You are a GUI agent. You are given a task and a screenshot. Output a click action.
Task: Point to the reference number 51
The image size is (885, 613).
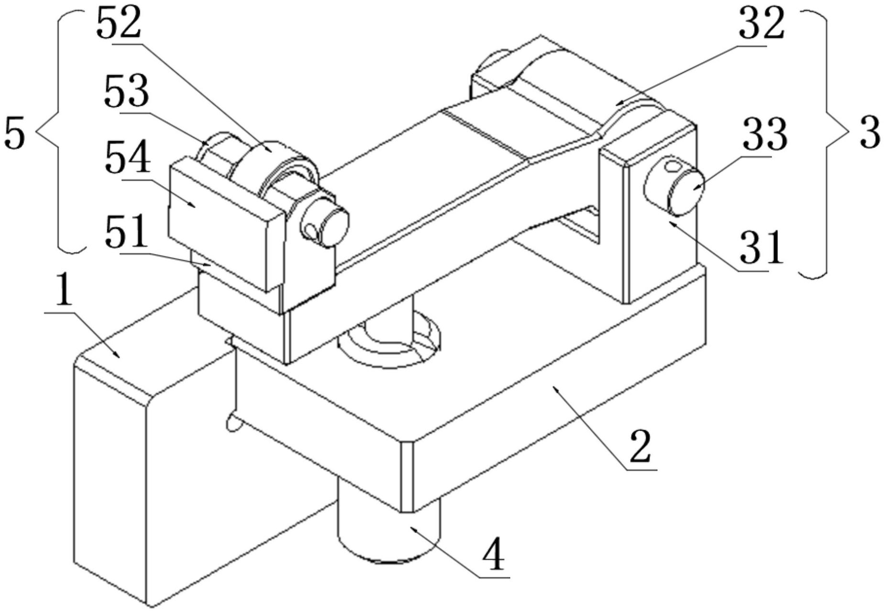click(x=126, y=232)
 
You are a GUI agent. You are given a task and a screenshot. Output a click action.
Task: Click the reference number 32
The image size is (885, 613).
click(x=762, y=24)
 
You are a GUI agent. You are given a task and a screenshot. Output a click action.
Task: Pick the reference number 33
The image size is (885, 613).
click(x=765, y=135)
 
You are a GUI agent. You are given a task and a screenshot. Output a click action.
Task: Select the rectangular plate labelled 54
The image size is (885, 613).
click(x=225, y=224)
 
